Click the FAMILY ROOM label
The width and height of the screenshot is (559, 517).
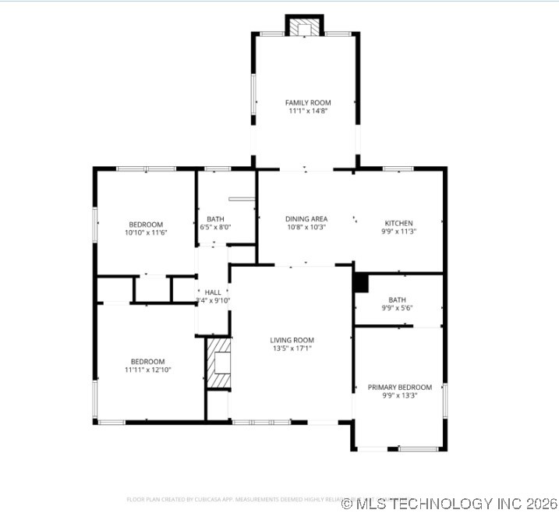point(307,103)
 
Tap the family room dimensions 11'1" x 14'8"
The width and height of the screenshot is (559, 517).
point(307,112)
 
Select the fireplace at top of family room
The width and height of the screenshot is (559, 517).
point(304,27)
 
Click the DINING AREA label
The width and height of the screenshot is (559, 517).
point(306,219)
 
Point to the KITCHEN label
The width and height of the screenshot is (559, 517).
point(398,223)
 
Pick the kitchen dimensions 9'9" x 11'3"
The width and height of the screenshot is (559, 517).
point(398,232)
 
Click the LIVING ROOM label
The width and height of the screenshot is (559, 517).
point(292,340)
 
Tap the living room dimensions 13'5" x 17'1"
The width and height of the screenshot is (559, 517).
point(292,349)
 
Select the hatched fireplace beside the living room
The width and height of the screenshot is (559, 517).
point(219,362)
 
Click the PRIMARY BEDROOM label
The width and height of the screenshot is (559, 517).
point(400,388)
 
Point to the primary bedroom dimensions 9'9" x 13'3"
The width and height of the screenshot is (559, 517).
point(400,396)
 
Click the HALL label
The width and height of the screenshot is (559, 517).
point(213,292)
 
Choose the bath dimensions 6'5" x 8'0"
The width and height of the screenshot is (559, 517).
point(215,228)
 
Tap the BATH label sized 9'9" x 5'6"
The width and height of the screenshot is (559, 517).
point(397,299)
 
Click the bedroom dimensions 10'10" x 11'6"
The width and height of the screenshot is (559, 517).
point(147,232)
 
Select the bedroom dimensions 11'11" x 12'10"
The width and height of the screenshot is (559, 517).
point(147,370)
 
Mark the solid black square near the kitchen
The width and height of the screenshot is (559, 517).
point(360,283)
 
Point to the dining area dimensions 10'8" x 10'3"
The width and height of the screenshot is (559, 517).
point(306,228)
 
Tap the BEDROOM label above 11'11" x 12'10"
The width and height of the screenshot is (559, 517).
point(147,361)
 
